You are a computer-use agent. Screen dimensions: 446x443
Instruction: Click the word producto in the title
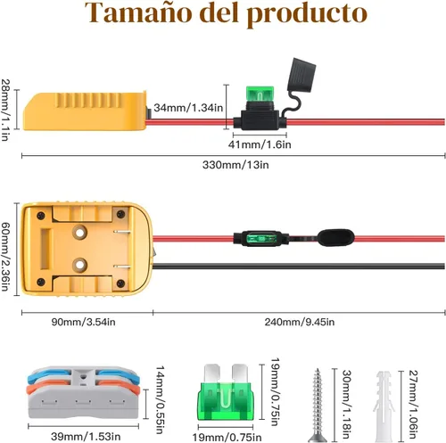click(306, 15)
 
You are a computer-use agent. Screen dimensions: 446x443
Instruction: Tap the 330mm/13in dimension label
click(235, 164)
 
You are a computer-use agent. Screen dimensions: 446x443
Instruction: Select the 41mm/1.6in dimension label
click(260, 144)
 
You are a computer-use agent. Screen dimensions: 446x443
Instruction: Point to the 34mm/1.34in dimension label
click(188, 108)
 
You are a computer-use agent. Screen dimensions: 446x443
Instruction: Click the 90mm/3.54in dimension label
click(83, 322)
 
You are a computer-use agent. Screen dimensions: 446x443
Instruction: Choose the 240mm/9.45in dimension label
click(300, 322)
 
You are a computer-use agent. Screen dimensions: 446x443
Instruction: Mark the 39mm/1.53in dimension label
click(86, 437)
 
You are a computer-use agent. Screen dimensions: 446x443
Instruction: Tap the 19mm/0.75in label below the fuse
click(227, 438)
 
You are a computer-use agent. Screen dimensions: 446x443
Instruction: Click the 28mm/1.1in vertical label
click(5, 110)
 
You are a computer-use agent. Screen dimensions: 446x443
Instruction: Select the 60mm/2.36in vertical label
click(5, 256)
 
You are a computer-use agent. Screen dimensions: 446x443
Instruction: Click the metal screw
click(318, 405)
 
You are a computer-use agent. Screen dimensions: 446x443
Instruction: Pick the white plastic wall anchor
click(384, 406)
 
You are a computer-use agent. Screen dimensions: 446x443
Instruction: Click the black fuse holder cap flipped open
click(301, 75)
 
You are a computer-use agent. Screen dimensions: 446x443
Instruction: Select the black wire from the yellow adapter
click(299, 266)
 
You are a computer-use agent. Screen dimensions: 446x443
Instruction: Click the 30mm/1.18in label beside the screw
click(347, 404)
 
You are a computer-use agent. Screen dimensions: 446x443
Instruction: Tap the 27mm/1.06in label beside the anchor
click(413, 404)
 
